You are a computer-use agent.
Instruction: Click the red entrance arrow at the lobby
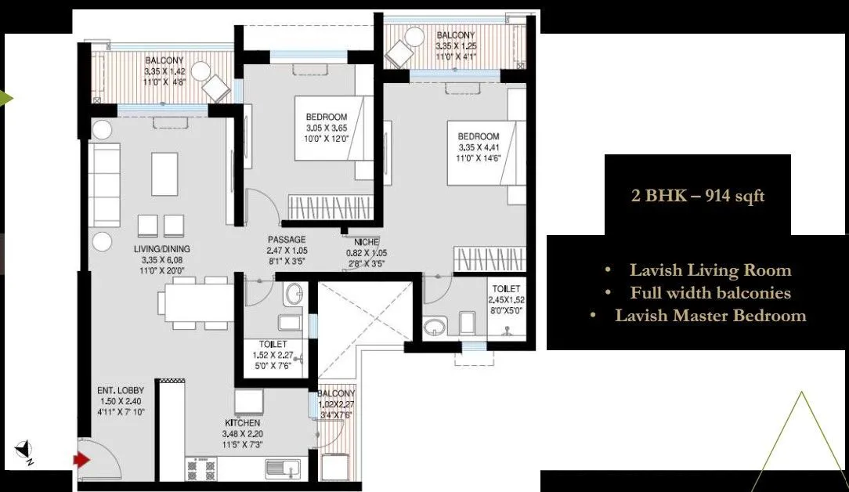click(81, 460)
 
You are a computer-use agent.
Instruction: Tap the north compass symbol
click(24, 450)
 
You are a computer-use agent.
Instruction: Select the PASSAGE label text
click(286, 240)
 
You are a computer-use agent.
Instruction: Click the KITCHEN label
click(243, 423)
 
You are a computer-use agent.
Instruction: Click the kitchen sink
click(283, 468)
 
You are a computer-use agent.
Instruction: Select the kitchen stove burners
click(200, 468)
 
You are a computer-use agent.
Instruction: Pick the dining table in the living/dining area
click(197, 301)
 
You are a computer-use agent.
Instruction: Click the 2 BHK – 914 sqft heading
click(698, 195)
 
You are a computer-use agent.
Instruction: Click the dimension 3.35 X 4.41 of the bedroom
click(479, 146)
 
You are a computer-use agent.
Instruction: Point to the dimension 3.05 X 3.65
click(327, 128)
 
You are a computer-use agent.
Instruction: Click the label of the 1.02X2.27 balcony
click(337, 393)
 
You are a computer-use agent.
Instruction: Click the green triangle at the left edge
click(5, 99)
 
